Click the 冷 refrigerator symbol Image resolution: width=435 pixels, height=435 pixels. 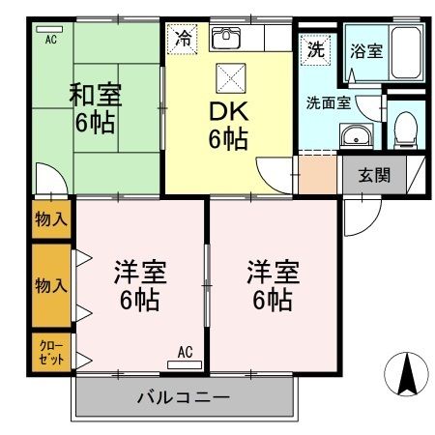tap(182, 40)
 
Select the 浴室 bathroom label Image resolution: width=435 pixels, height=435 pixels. tap(366, 51)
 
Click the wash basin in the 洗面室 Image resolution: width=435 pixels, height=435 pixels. tap(358, 135)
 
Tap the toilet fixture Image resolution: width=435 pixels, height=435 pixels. tap(406, 127)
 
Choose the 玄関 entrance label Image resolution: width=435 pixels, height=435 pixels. tap(374, 175)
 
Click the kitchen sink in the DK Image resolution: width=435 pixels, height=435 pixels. tap(225, 39)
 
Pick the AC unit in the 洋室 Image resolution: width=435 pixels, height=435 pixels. tap(184, 363)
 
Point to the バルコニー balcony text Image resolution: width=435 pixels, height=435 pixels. tap(183, 396)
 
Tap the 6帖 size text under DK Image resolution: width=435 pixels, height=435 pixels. tap(228, 138)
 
